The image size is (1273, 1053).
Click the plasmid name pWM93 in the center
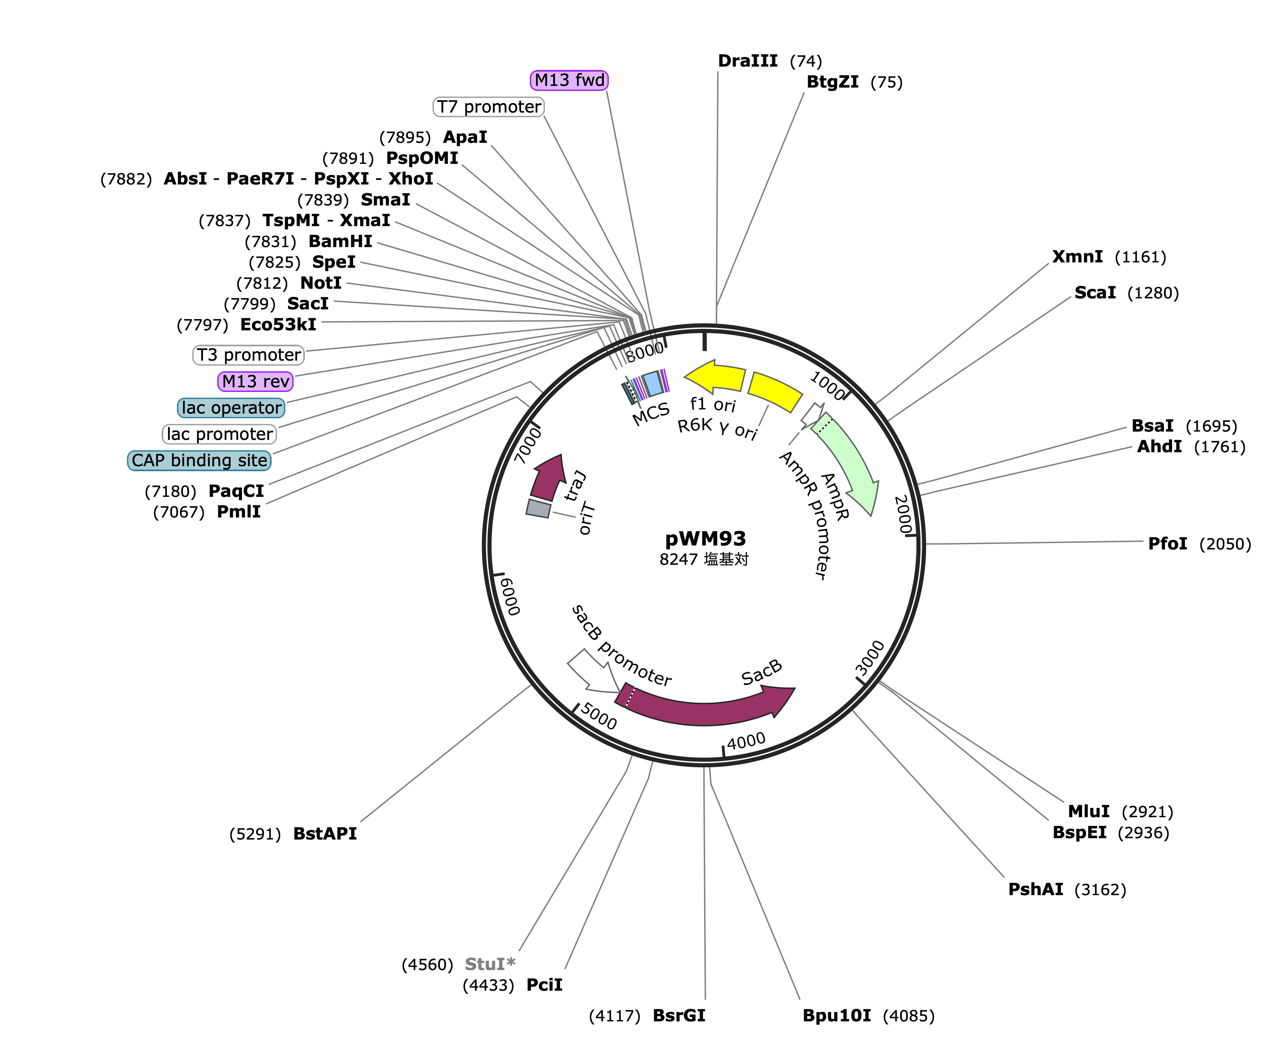coord(705,538)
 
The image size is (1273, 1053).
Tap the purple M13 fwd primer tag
coord(569,80)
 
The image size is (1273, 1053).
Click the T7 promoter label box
coord(489,107)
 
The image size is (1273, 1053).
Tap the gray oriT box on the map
coord(538,508)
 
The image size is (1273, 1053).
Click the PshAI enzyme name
coord(1035,889)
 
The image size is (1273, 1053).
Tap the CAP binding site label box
coord(199,461)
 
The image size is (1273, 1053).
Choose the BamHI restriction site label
coord(340,241)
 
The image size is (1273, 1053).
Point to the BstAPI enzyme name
coord(325,834)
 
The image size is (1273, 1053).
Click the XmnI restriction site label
coord(1077,257)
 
